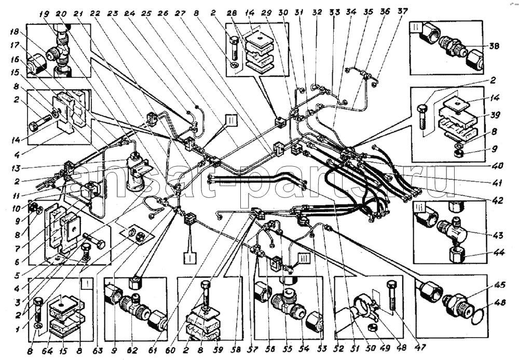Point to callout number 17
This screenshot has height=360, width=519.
(14, 45)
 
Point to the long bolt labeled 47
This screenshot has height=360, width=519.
(391, 298)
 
